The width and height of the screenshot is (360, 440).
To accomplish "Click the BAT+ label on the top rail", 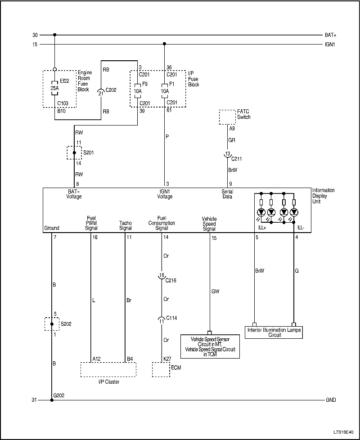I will [x=330, y=35].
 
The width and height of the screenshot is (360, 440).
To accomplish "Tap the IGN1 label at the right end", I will [x=330, y=44].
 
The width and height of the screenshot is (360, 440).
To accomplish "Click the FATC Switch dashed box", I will [x=228, y=117].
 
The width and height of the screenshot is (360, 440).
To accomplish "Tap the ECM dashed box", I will [x=161, y=369].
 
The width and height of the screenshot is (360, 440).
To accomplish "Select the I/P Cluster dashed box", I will [x=108, y=369].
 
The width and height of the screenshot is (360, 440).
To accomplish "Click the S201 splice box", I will [x=74, y=153].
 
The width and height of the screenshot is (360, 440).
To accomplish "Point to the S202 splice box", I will [x=52, y=324].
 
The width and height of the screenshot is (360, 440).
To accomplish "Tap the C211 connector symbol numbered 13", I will [x=228, y=155].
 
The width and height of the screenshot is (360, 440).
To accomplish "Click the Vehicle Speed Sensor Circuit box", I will [x=209, y=346].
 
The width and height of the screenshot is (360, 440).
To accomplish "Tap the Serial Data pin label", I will [x=227, y=194].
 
